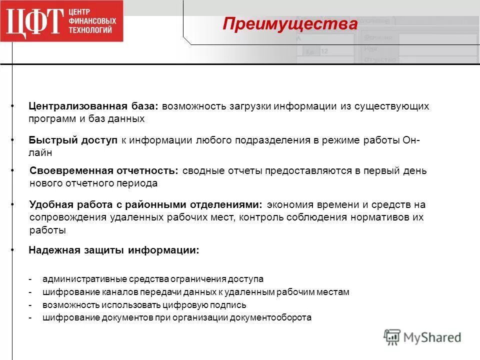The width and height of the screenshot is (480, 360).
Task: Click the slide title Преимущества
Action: click(290, 24)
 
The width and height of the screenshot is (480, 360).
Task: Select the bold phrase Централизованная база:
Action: click(93, 106)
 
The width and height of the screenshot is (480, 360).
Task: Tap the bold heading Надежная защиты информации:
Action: click(114, 250)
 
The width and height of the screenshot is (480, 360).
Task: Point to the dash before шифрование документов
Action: click(30, 317)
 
